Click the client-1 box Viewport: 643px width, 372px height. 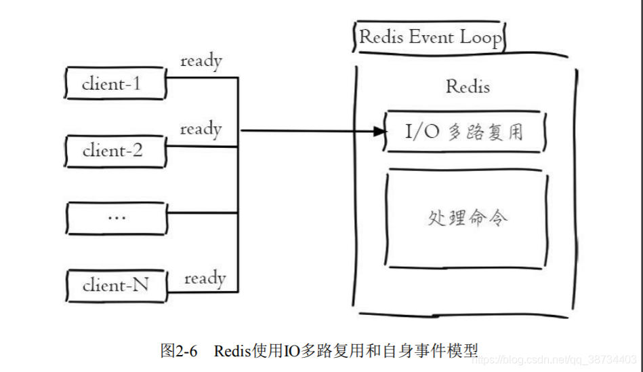[x=115, y=83]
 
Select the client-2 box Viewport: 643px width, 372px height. [x=115, y=151]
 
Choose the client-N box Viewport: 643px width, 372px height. [x=116, y=285]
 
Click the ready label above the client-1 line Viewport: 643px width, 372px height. [x=201, y=61]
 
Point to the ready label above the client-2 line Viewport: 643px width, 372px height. [x=201, y=128]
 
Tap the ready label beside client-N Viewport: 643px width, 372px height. [x=205, y=278]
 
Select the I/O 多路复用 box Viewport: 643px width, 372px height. [x=465, y=131]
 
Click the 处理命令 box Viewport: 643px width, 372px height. [x=467, y=219]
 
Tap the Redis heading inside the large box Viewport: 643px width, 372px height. [x=468, y=87]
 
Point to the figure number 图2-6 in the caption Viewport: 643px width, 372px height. [x=178, y=351]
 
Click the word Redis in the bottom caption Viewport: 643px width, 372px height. [x=232, y=351]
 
